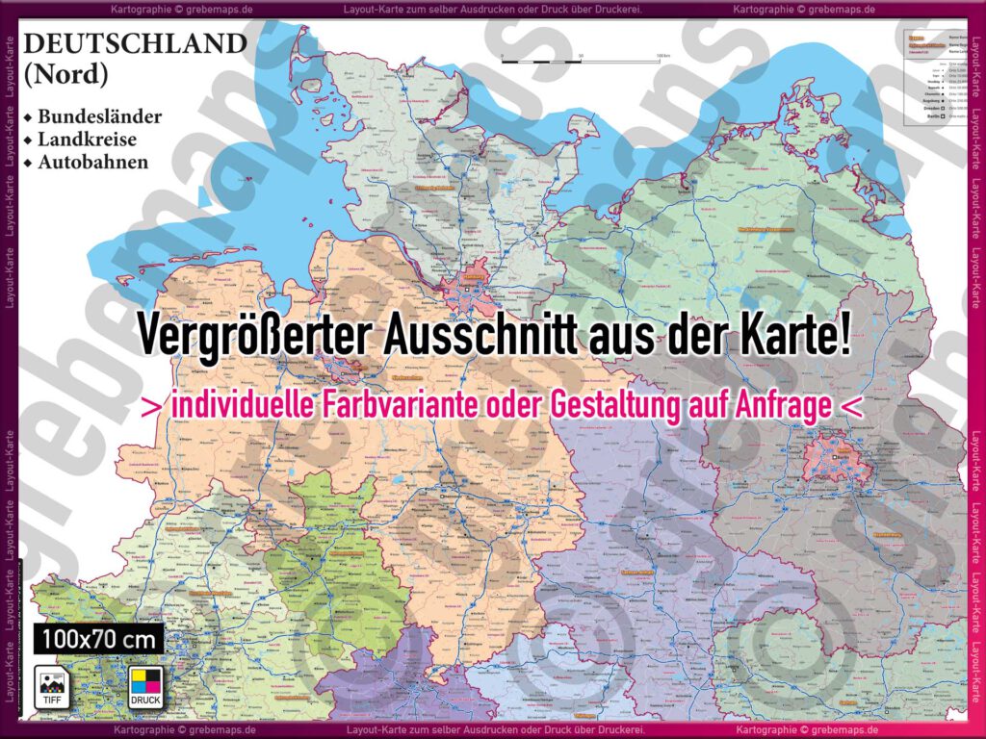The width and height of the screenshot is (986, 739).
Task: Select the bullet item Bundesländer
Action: point(99,116)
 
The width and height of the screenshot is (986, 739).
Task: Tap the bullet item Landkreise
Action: point(87,140)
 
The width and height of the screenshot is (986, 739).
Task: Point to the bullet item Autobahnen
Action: point(92,162)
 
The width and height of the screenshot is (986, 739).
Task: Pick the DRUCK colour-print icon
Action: point(145,685)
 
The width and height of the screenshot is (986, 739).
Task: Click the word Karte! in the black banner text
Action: point(793,335)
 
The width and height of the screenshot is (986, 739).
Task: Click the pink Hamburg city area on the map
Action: point(469,292)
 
